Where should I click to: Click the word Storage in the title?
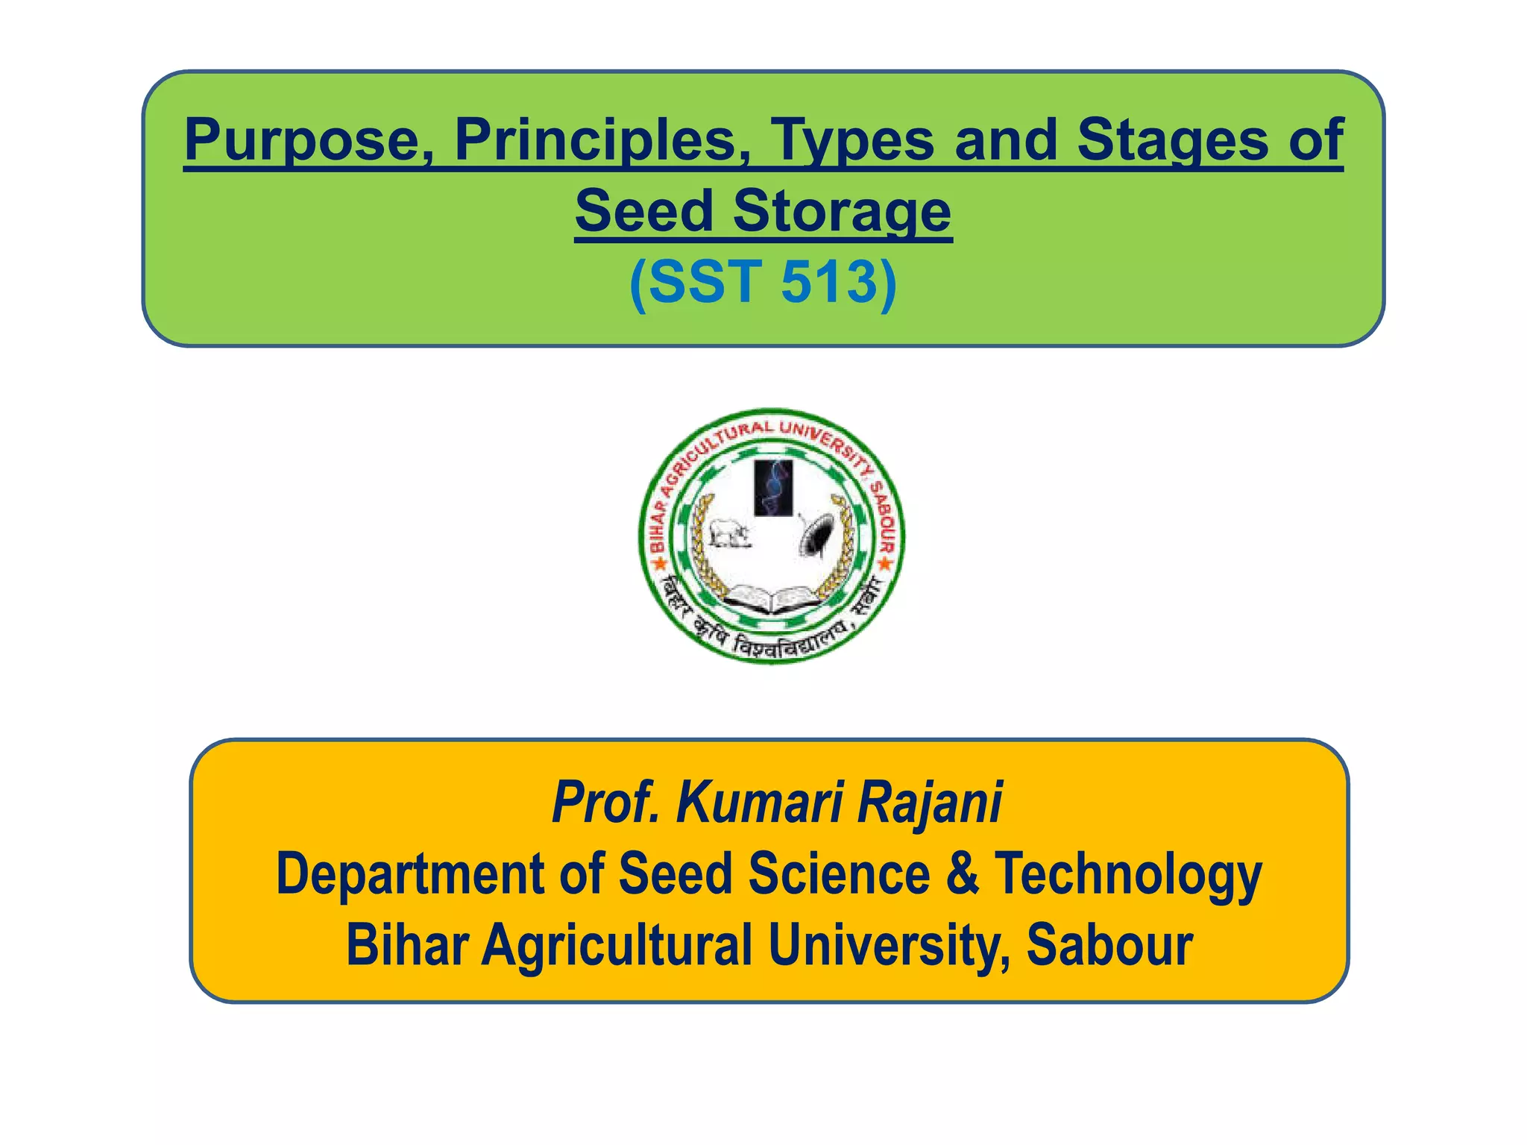[842, 211]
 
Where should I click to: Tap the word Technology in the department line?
[1128, 873]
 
